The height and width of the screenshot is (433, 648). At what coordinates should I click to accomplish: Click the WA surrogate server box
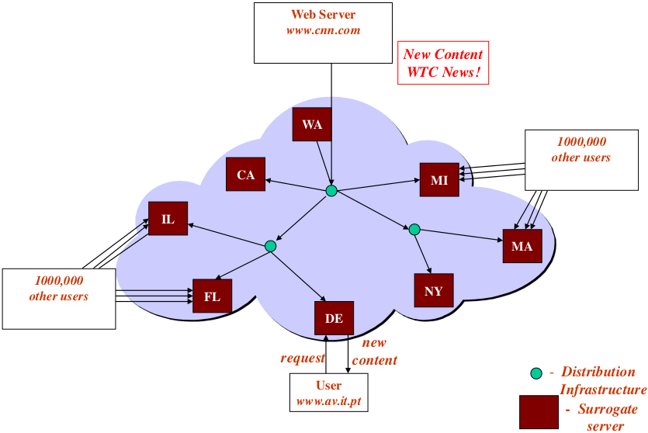tap(312, 124)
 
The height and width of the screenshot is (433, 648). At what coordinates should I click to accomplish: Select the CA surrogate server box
tap(245, 175)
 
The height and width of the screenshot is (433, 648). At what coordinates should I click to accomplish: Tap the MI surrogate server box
tap(439, 181)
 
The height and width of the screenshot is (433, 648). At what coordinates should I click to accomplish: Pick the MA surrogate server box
tap(522, 246)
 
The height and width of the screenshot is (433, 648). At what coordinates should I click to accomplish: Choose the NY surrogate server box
tap(434, 291)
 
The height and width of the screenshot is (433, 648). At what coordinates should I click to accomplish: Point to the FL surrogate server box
tap(212, 296)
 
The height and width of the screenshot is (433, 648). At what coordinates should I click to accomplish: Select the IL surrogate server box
tap(168, 220)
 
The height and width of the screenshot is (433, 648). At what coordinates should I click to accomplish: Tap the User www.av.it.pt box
tap(329, 393)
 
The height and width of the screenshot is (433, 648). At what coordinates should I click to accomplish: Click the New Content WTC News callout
tap(443, 63)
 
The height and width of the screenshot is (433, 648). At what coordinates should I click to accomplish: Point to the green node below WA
tap(331, 191)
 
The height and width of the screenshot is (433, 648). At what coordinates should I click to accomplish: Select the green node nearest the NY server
tap(414, 230)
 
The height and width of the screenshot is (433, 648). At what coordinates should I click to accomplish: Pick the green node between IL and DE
tap(270, 246)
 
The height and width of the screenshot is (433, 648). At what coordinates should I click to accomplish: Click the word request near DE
tap(303, 359)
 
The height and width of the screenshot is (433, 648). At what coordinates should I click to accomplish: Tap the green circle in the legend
tap(536, 373)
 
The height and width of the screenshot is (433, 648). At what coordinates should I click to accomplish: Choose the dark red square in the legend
tap(539, 411)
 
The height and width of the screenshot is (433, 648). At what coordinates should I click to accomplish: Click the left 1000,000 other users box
tap(59, 298)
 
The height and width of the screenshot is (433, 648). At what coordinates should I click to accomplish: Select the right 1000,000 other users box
tap(580, 159)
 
